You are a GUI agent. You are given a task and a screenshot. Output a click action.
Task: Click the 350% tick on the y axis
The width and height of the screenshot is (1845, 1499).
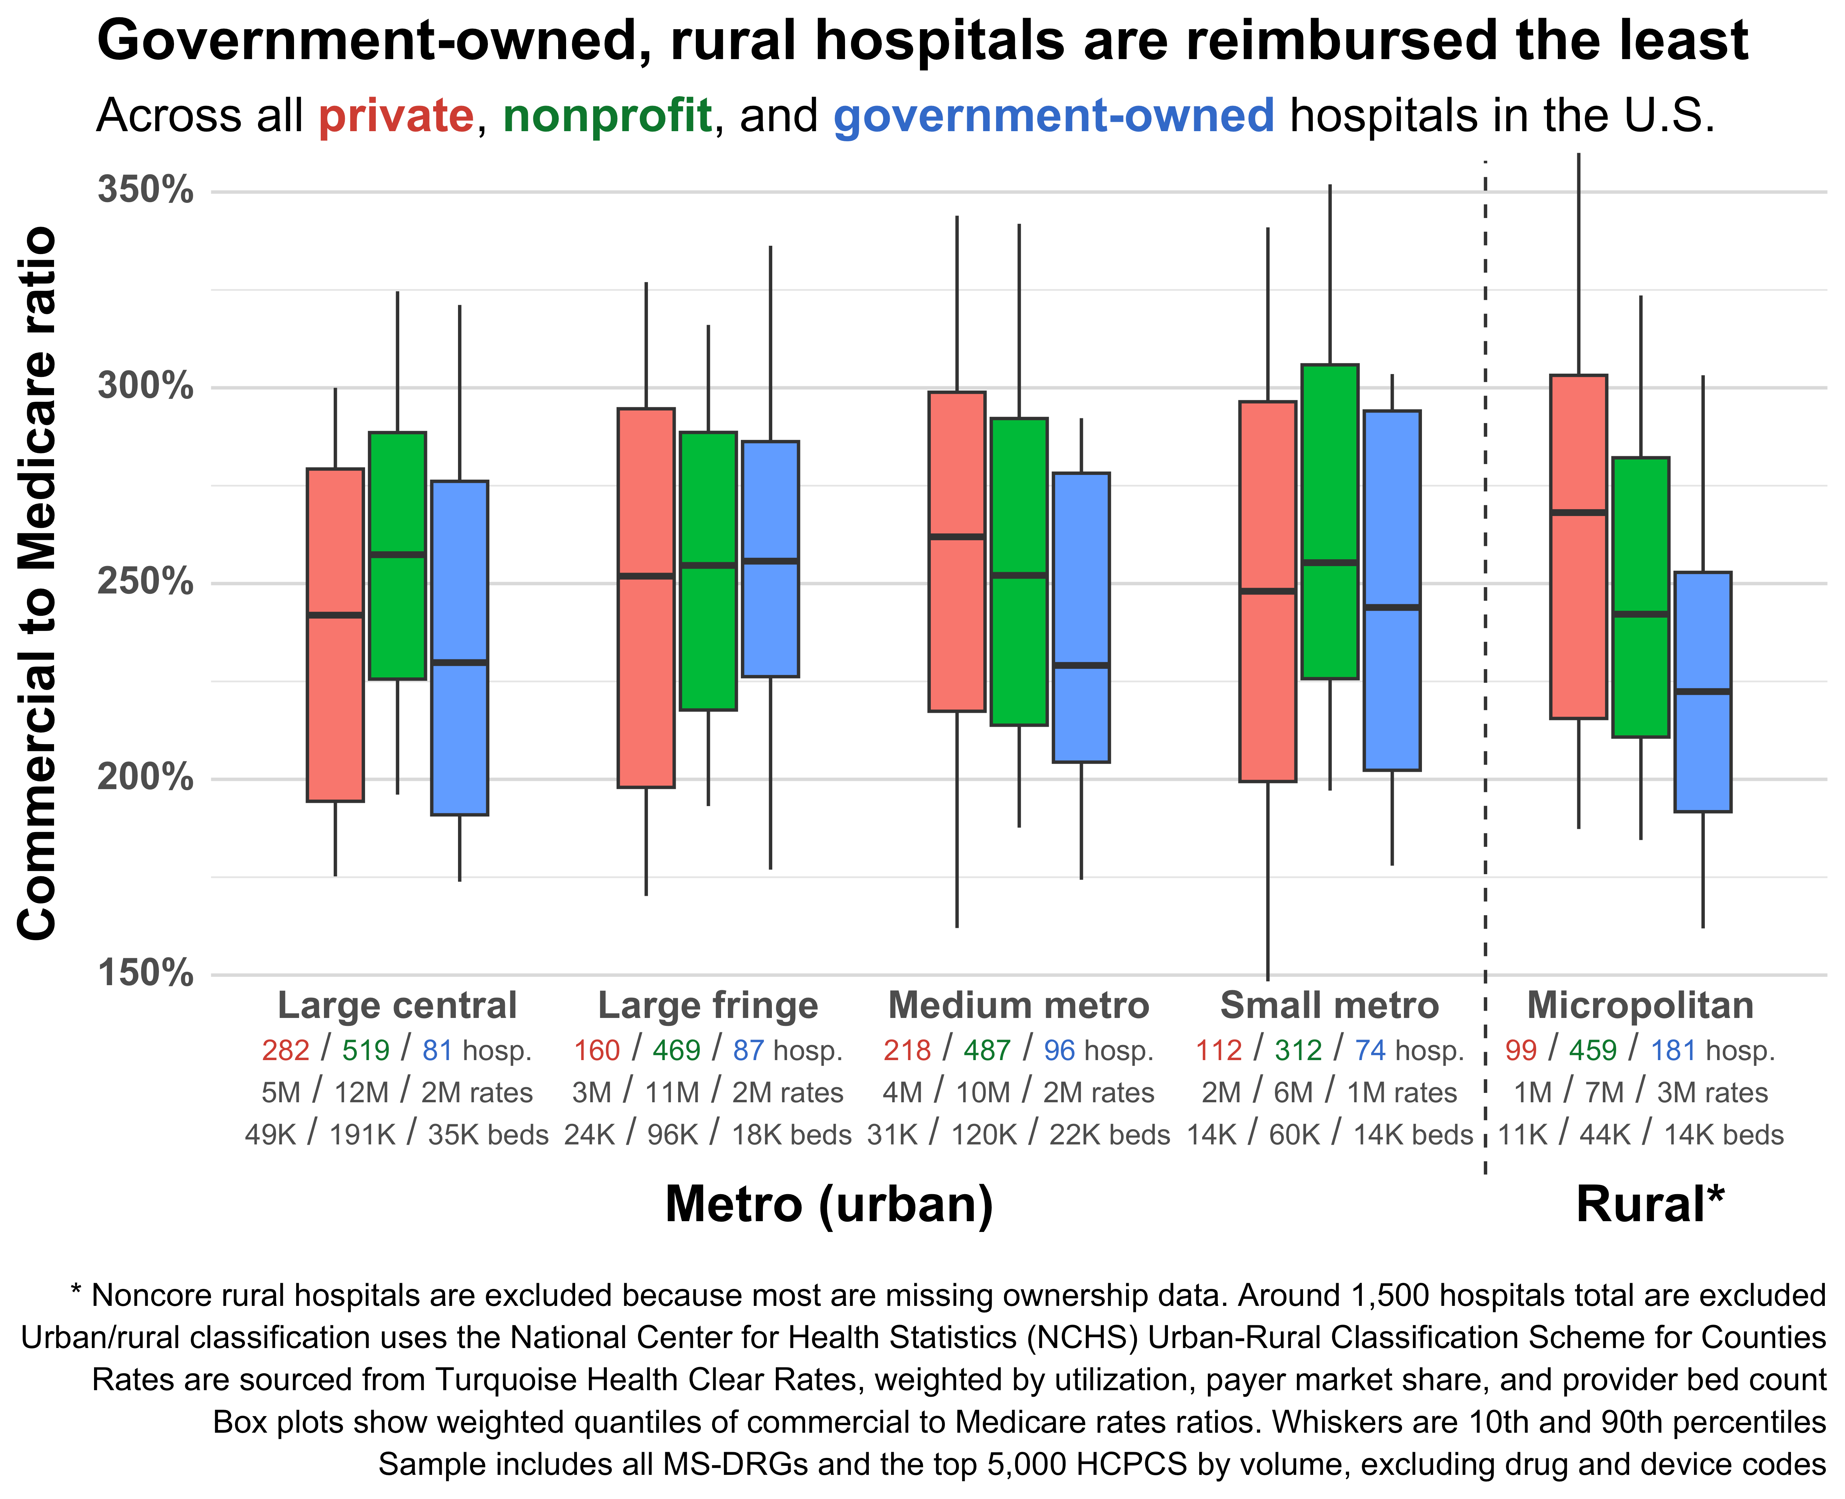pos(145,190)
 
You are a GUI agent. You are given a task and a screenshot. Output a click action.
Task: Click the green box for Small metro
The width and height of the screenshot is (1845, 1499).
pos(1330,521)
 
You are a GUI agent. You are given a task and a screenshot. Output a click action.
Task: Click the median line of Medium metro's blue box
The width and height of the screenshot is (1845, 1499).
pos(1081,665)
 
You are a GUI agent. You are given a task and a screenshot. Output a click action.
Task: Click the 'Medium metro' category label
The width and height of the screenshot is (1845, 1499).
pos(1019,1006)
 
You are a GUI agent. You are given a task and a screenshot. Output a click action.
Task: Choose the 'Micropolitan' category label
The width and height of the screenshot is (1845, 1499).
pos(1640,1006)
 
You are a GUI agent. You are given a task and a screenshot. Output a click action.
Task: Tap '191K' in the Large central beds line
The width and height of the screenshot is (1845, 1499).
pos(363,1135)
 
